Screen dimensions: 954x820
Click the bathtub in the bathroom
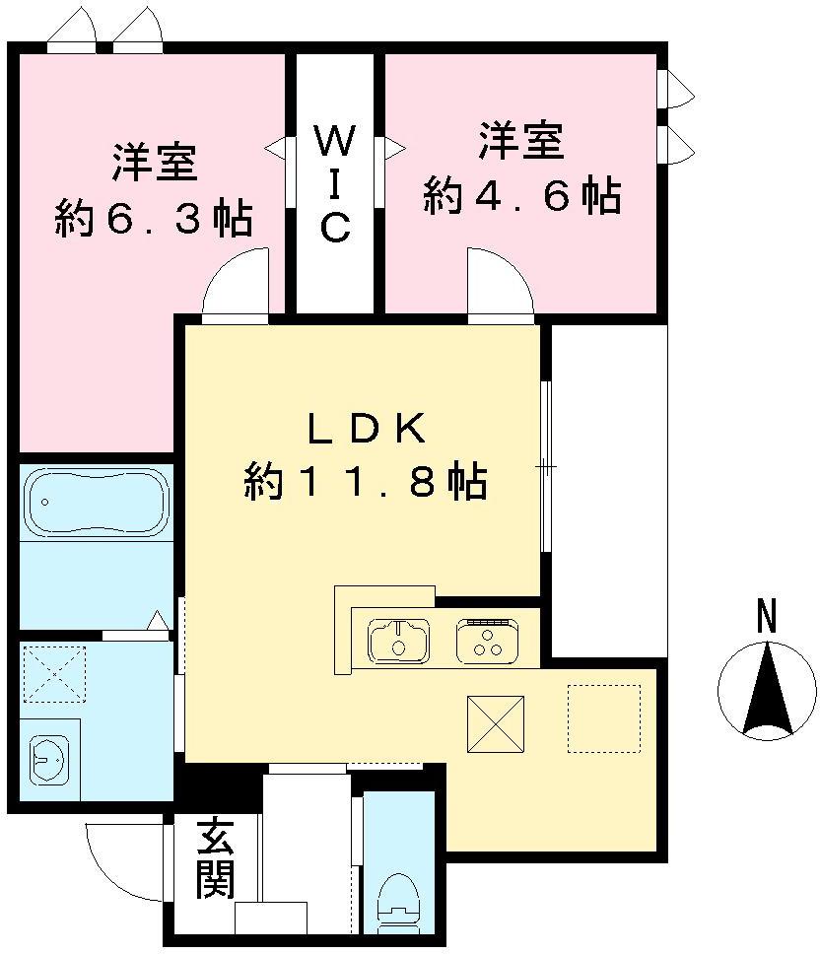97,503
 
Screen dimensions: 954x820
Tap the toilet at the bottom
400,896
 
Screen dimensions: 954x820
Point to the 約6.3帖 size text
152,218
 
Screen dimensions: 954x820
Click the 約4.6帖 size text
521,196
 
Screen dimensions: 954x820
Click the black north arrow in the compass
767,690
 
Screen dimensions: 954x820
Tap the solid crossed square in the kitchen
495,722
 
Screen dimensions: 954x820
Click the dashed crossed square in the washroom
55,674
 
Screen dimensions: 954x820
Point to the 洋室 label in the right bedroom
521,141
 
